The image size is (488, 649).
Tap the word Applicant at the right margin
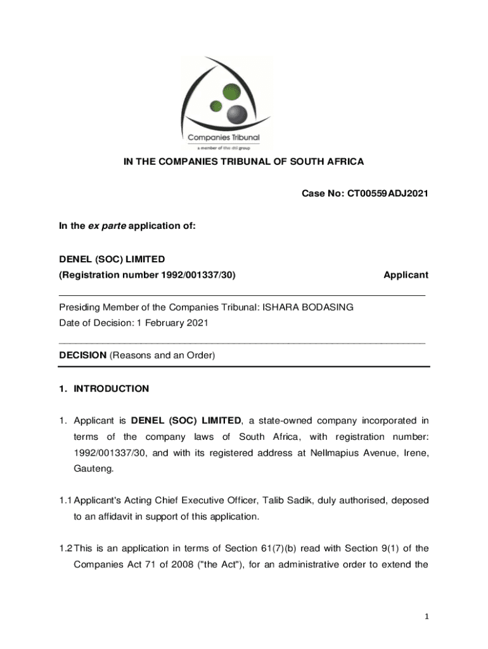click(406, 274)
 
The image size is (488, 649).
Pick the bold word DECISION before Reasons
click(82, 356)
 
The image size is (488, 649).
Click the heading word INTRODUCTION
click(112, 389)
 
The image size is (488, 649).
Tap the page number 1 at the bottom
click(427, 617)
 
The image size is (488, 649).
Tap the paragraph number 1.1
click(65, 500)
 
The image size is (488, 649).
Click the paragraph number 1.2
click(65, 548)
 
